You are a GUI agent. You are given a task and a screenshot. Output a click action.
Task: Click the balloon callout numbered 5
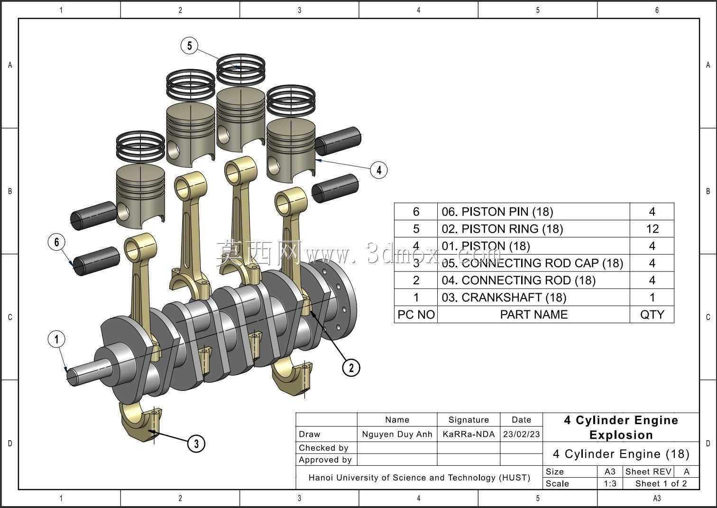190,45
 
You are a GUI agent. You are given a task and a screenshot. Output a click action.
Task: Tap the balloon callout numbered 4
379,170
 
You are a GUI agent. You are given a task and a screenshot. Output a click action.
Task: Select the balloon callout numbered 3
196,444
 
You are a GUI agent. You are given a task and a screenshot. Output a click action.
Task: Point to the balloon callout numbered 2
351,368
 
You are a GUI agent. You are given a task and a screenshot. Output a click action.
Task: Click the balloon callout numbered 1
56,339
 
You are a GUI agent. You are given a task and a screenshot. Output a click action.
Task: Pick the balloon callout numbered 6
56,242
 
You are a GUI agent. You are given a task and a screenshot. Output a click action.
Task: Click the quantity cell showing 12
652,229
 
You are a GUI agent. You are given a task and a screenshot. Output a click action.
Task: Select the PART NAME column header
533,315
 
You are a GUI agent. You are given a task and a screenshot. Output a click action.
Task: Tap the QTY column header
652,315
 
